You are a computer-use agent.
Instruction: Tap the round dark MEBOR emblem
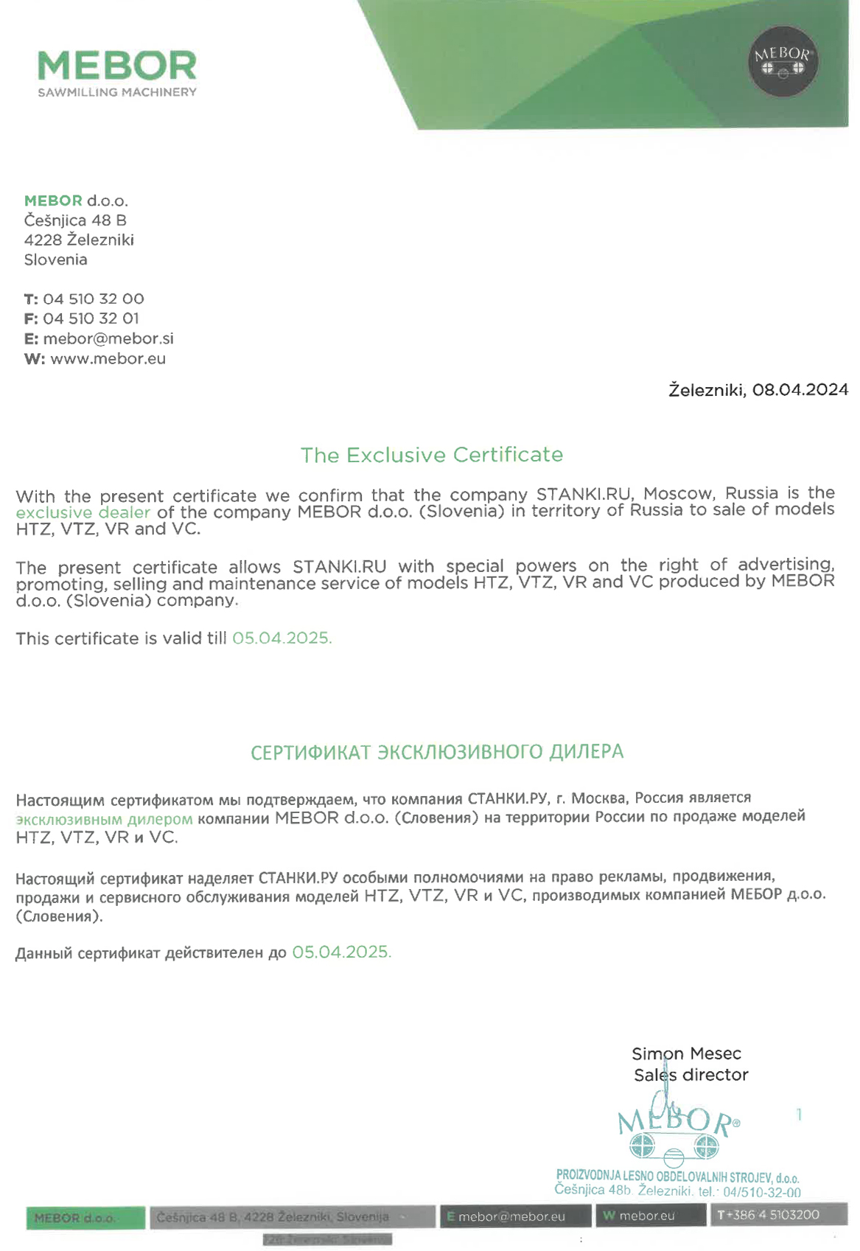(x=783, y=62)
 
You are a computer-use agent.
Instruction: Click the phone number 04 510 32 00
(x=94, y=299)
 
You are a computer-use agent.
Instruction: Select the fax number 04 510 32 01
(x=91, y=319)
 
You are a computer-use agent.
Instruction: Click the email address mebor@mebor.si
(x=108, y=339)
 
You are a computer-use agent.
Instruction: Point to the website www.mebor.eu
(x=108, y=359)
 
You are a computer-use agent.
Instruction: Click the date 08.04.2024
(x=800, y=390)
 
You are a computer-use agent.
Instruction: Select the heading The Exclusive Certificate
(x=431, y=455)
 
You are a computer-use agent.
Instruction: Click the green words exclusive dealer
(x=83, y=512)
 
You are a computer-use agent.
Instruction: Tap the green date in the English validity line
(x=282, y=638)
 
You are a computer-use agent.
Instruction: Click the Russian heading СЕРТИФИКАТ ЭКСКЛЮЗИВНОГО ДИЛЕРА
(x=437, y=752)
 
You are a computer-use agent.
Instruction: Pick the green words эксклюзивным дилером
(x=104, y=819)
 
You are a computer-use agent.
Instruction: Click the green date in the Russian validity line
(x=341, y=952)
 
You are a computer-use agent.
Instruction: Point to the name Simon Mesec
(x=686, y=1054)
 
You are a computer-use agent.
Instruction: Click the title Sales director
(x=691, y=1076)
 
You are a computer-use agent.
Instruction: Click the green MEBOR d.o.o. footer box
(x=85, y=1218)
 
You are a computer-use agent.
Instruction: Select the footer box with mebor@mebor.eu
(x=515, y=1216)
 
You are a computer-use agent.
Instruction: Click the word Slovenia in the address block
(x=55, y=260)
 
